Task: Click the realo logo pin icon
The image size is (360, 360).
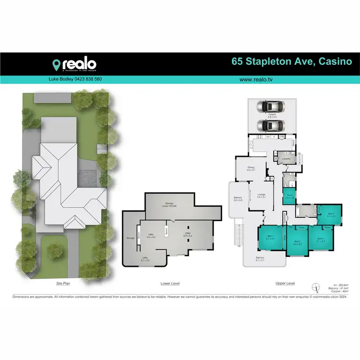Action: pos(57,64)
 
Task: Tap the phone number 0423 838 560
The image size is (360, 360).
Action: pos(88,79)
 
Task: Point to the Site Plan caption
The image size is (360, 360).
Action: pos(63,284)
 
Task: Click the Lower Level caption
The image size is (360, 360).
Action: pos(170,284)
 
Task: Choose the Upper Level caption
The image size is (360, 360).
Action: pos(285,284)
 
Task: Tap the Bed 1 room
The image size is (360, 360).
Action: pos(271,238)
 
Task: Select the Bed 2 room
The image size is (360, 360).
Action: pos(297,242)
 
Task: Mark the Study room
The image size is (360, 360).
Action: pos(289,196)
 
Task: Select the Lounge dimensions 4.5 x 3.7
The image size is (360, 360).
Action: pos(262,197)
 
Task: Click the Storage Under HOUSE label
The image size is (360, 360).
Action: pos(170,204)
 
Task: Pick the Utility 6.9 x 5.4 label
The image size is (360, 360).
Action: pos(188,235)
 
